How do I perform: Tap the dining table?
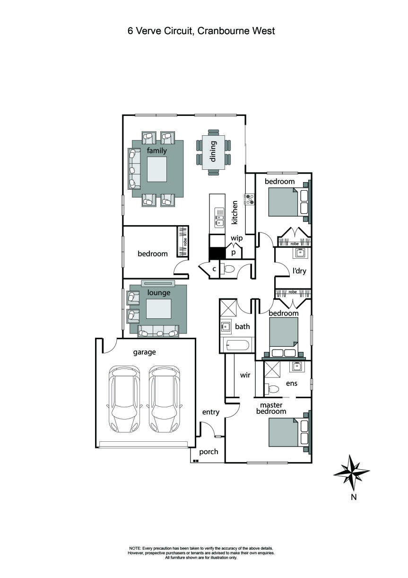coord(213,151)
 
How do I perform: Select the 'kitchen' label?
coord(234,212)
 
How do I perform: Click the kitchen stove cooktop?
coord(249,199)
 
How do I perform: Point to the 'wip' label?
coord(236,238)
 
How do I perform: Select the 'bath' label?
coord(243,326)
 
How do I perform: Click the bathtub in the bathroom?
coord(237,346)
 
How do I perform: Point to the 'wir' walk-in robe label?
coord(245,375)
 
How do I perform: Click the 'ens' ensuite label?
coord(292,383)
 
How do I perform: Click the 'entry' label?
coord(210,412)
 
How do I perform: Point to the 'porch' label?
coord(208,452)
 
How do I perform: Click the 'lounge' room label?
coord(158,293)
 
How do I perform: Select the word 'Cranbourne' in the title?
coord(221,31)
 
